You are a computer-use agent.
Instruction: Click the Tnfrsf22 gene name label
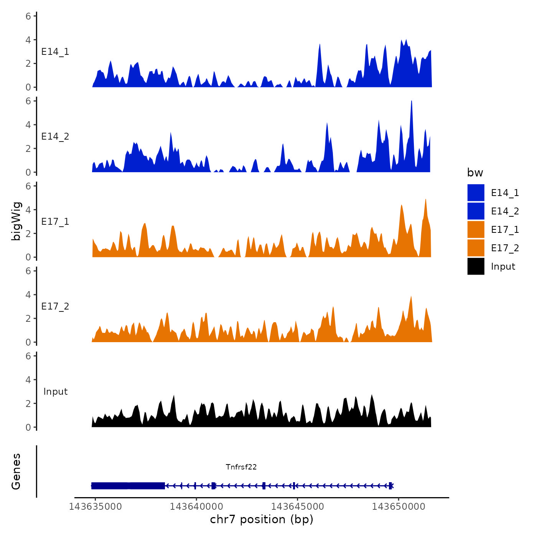click(241, 467)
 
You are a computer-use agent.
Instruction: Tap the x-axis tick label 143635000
click(95, 507)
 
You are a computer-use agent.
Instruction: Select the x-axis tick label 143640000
click(196, 507)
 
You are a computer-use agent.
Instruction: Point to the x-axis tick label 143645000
click(297, 507)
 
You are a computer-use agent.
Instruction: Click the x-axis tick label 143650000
click(399, 507)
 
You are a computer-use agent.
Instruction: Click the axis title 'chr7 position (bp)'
click(262, 519)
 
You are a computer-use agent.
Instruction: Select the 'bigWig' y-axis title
click(16, 221)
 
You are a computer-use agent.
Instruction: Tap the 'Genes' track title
click(16, 471)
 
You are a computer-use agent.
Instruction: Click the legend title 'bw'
click(475, 173)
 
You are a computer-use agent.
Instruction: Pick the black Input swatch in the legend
click(476, 266)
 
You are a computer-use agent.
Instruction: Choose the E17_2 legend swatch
click(476, 248)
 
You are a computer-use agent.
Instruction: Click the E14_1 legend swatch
click(476, 193)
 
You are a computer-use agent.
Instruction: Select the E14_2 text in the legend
click(505, 211)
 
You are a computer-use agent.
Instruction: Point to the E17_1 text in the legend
click(505, 230)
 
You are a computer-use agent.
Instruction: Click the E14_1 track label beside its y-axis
click(55, 52)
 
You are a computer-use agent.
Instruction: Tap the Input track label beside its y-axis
click(55, 392)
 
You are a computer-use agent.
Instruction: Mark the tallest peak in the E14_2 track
click(411, 101)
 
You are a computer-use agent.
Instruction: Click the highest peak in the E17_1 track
click(426, 199)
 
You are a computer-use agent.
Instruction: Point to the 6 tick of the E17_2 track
click(28, 271)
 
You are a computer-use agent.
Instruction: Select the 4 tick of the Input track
click(28, 380)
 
